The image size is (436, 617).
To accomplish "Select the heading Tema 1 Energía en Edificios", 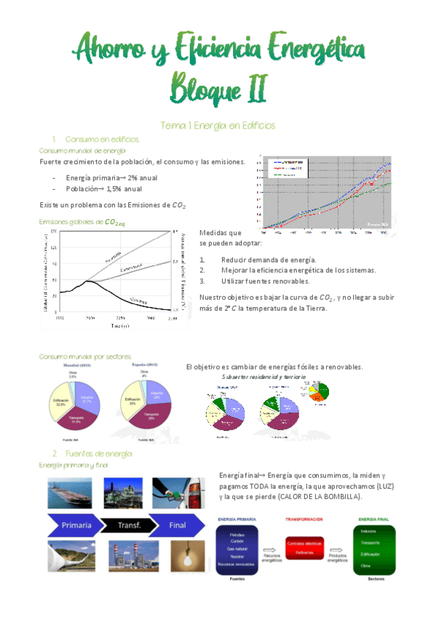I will (x=217, y=125).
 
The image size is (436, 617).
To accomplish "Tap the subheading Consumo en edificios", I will (x=101, y=139).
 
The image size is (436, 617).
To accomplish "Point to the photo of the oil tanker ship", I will (x=70, y=494).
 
